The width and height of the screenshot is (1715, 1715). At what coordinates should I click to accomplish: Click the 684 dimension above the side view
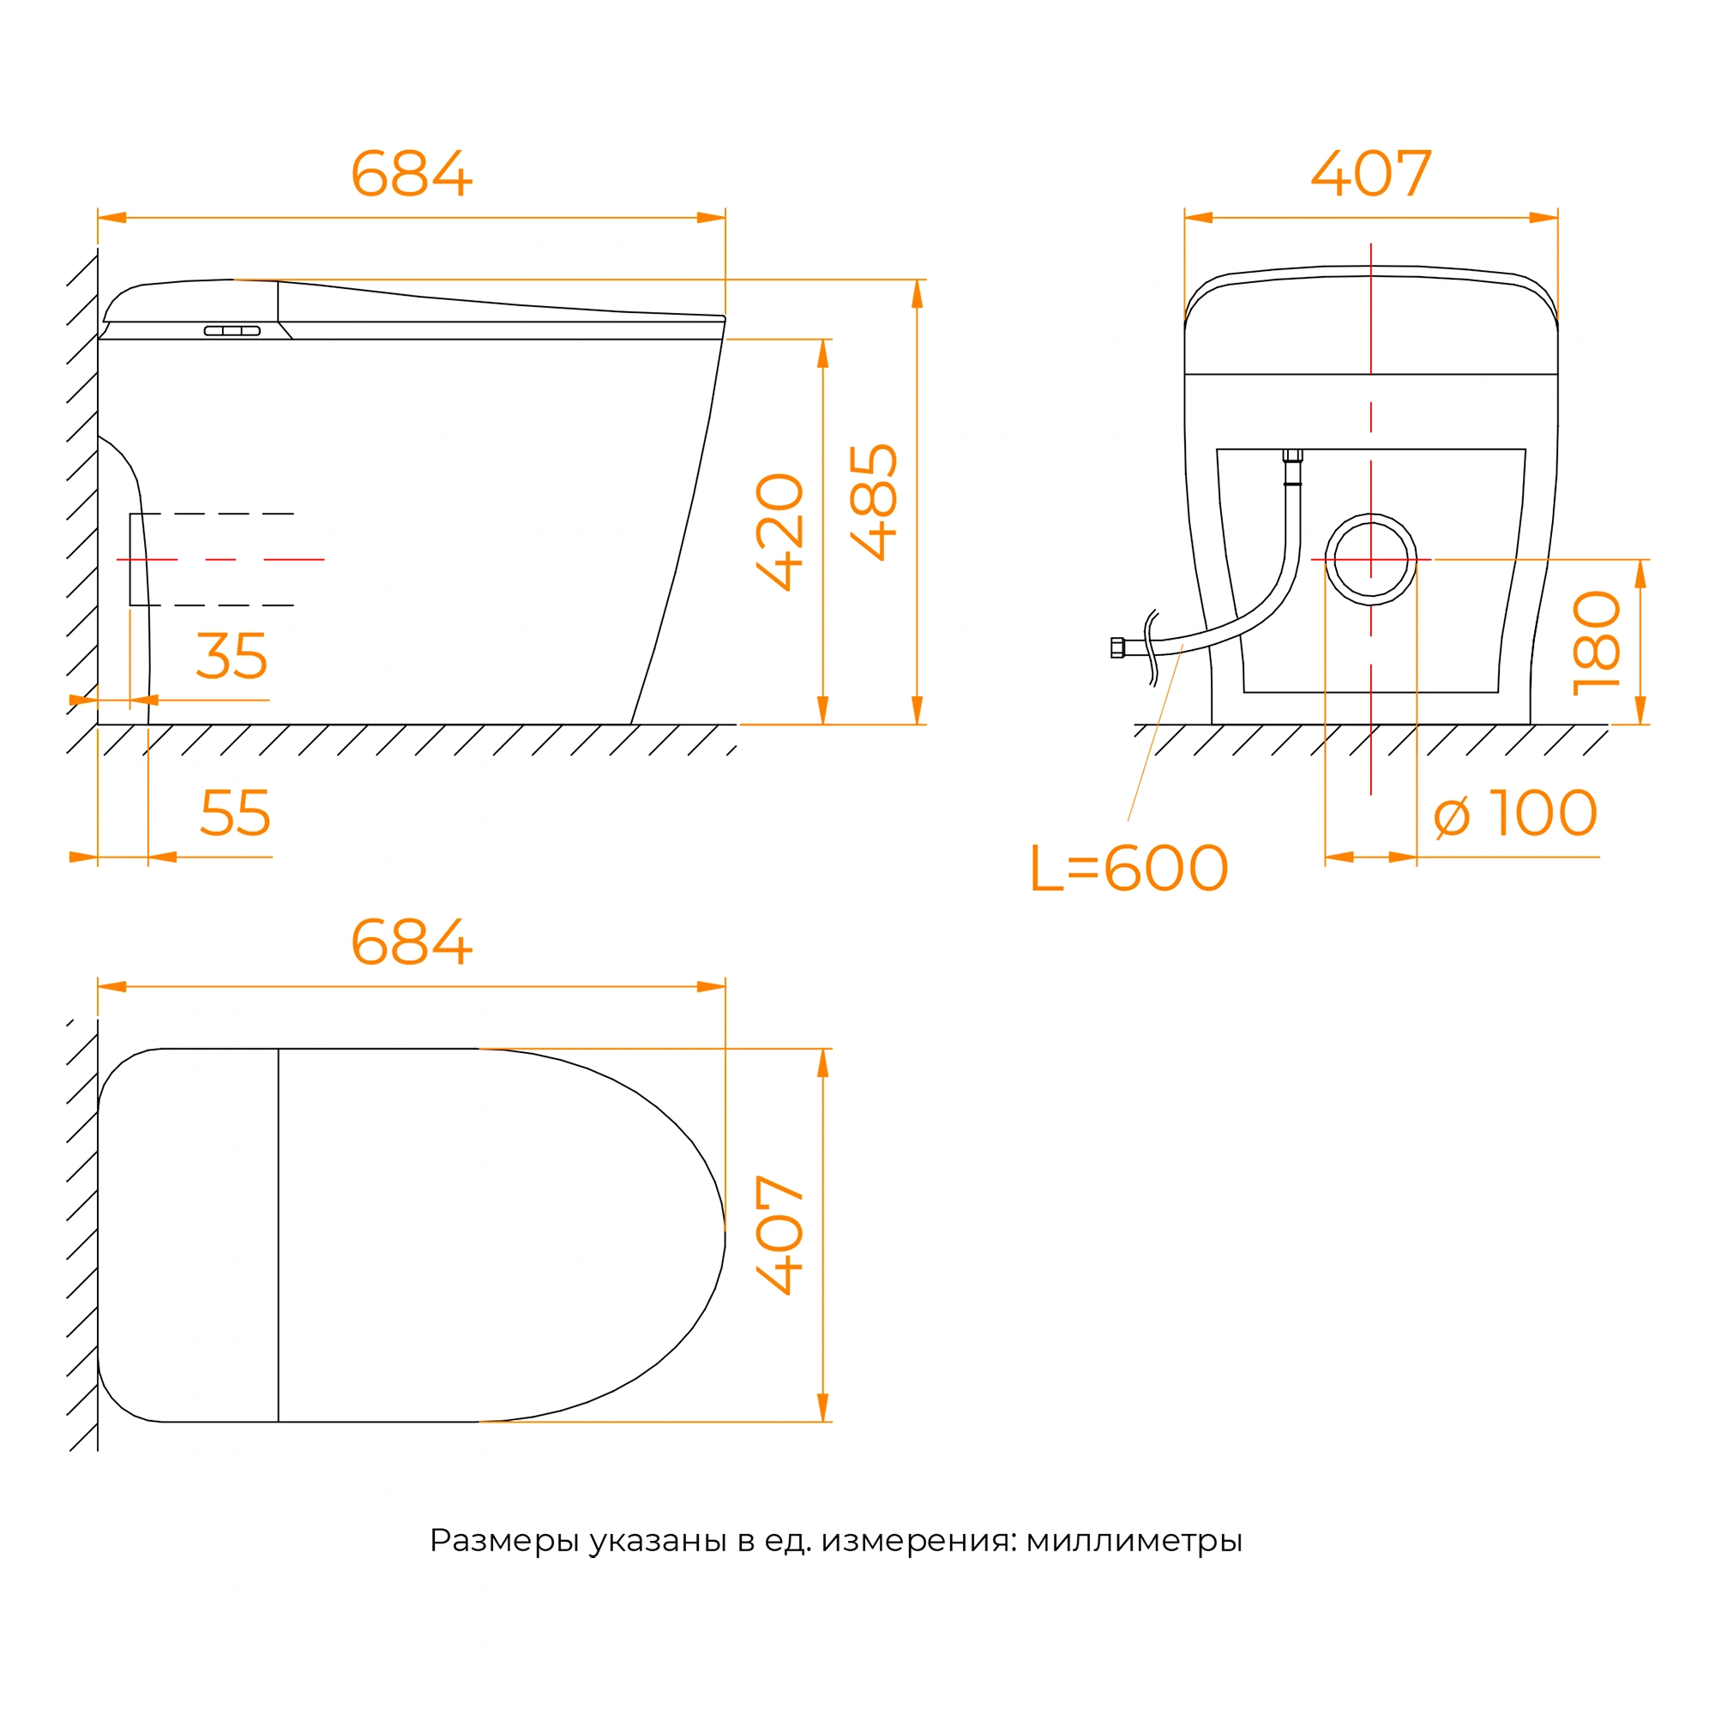coord(411,173)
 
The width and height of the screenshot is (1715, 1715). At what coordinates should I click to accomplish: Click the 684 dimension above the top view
coord(411,942)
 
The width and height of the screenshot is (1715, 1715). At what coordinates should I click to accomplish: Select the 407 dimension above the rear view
coord(1371,173)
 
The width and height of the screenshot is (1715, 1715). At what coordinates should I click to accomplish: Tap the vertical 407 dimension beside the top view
coord(779,1235)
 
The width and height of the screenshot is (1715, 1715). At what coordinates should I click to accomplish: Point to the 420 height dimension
coord(779,532)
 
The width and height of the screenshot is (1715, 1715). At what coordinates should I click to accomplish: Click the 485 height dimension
coord(874,502)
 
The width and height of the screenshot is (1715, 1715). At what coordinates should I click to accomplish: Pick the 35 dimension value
coord(232,656)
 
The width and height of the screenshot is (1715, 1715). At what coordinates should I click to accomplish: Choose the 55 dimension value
coord(235,812)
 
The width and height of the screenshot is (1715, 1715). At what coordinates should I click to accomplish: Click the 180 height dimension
coord(1597,644)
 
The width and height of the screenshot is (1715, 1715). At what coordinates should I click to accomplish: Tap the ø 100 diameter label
coord(1516,813)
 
